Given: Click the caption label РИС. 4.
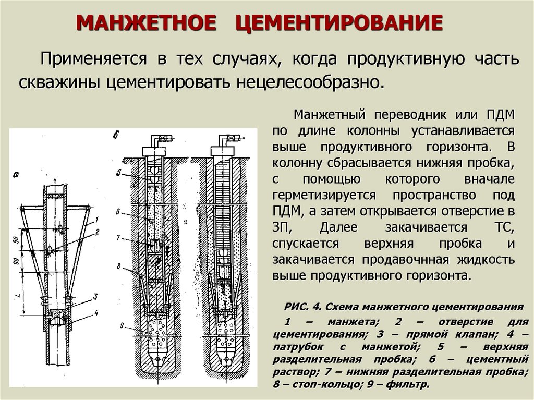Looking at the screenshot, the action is click(x=303, y=306).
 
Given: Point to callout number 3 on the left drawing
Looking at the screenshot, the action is click(x=95, y=296).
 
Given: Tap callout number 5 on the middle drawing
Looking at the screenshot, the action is click(x=119, y=172).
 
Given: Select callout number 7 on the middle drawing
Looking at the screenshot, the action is click(x=119, y=237).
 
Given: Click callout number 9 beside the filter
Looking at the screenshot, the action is click(x=120, y=325).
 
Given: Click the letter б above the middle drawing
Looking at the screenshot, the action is click(x=116, y=135).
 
